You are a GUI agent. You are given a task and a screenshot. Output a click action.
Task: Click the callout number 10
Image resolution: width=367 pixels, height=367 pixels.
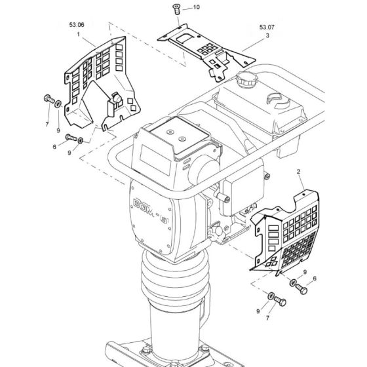(x=196, y=7)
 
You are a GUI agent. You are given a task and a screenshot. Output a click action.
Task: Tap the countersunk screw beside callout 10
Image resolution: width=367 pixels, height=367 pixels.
(x=176, y=9)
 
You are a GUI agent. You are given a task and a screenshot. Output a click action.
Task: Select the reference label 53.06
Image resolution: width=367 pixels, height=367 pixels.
(x=77, y=25)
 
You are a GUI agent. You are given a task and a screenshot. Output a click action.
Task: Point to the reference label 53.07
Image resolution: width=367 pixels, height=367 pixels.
(x=267, y=28)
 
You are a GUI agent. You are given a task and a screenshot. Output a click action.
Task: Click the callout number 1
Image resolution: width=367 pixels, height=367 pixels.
(x=79, y=34)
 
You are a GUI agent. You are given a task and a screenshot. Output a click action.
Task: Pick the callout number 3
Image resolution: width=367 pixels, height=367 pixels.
(x=267, y=35)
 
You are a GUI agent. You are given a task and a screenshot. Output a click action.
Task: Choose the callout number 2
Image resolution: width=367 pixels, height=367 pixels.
(x=298, y=172)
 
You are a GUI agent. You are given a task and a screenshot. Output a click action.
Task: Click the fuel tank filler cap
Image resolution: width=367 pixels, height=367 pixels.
(x=246, y=79)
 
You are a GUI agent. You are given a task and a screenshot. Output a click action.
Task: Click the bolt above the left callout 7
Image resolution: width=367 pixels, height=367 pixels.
(x=49, y=99)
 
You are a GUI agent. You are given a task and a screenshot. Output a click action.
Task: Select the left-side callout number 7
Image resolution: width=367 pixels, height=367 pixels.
(x=47, y=125)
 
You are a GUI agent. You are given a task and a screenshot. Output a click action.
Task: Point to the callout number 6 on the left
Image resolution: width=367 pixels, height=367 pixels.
(x=54, y=147)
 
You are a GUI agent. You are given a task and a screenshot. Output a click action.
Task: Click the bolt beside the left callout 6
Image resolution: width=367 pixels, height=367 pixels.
(x=71, y=138)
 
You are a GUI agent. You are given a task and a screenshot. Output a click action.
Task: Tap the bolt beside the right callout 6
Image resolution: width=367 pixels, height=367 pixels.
(x=301, y=289)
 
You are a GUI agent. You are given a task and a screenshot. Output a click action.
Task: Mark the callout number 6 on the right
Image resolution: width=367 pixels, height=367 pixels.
(x=315, y=279)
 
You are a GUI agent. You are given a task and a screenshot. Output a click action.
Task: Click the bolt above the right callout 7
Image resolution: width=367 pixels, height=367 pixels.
(x=280, y=301)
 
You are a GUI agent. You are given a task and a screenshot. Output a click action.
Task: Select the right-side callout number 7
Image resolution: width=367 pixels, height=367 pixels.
(x=267, y=318)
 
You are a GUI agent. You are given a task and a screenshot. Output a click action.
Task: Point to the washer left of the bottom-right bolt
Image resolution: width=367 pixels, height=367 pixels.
(x=270, y=296)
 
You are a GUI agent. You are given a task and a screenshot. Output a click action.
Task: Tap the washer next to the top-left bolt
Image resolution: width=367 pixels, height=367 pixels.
(x=58, y=104)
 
